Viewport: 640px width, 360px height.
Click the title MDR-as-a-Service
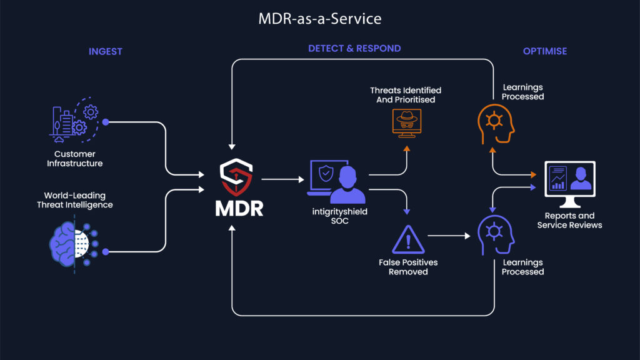(x=319, y=19)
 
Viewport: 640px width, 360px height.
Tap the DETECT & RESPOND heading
(x=354, y=48)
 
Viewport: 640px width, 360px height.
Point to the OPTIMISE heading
(x=545, y=51)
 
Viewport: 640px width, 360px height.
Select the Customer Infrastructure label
(x=74, y=158)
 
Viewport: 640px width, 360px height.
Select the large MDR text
(x=239, y=208)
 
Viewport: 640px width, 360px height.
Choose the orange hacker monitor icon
(x=406, y=121)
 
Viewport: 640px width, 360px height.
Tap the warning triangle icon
(x=408, y=238)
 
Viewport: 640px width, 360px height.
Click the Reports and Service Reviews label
(x=569, y=221)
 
